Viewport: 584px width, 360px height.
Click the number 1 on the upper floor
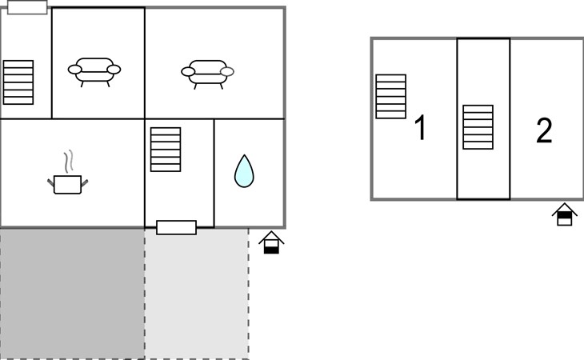[421, 127]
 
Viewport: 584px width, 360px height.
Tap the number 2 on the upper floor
[544, 130]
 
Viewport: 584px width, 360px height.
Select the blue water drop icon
[244, 171]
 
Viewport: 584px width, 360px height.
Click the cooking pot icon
[67, 184]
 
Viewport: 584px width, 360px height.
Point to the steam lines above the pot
[68, 161]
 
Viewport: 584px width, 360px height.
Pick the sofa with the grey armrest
[207, 74]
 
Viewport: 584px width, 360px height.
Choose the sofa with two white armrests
[94, 72]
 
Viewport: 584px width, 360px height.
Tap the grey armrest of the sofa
[227, 71]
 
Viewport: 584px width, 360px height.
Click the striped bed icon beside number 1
[390, 97]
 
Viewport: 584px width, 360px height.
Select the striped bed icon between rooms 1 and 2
[478, 127]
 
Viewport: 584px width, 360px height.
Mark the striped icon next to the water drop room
[166, 150]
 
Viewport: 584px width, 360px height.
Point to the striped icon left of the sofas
[18, 82]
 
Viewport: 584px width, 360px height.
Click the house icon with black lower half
[271, 242]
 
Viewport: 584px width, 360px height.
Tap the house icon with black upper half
[564, 214]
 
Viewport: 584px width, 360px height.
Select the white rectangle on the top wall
[27, 7]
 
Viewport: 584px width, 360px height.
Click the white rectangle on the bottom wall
[176, 227]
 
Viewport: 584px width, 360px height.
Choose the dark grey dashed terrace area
[72, 294]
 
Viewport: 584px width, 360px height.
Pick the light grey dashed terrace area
[197, 294]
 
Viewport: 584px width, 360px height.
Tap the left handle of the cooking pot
[50, 182]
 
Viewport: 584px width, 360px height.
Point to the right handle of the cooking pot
[85, 182]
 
